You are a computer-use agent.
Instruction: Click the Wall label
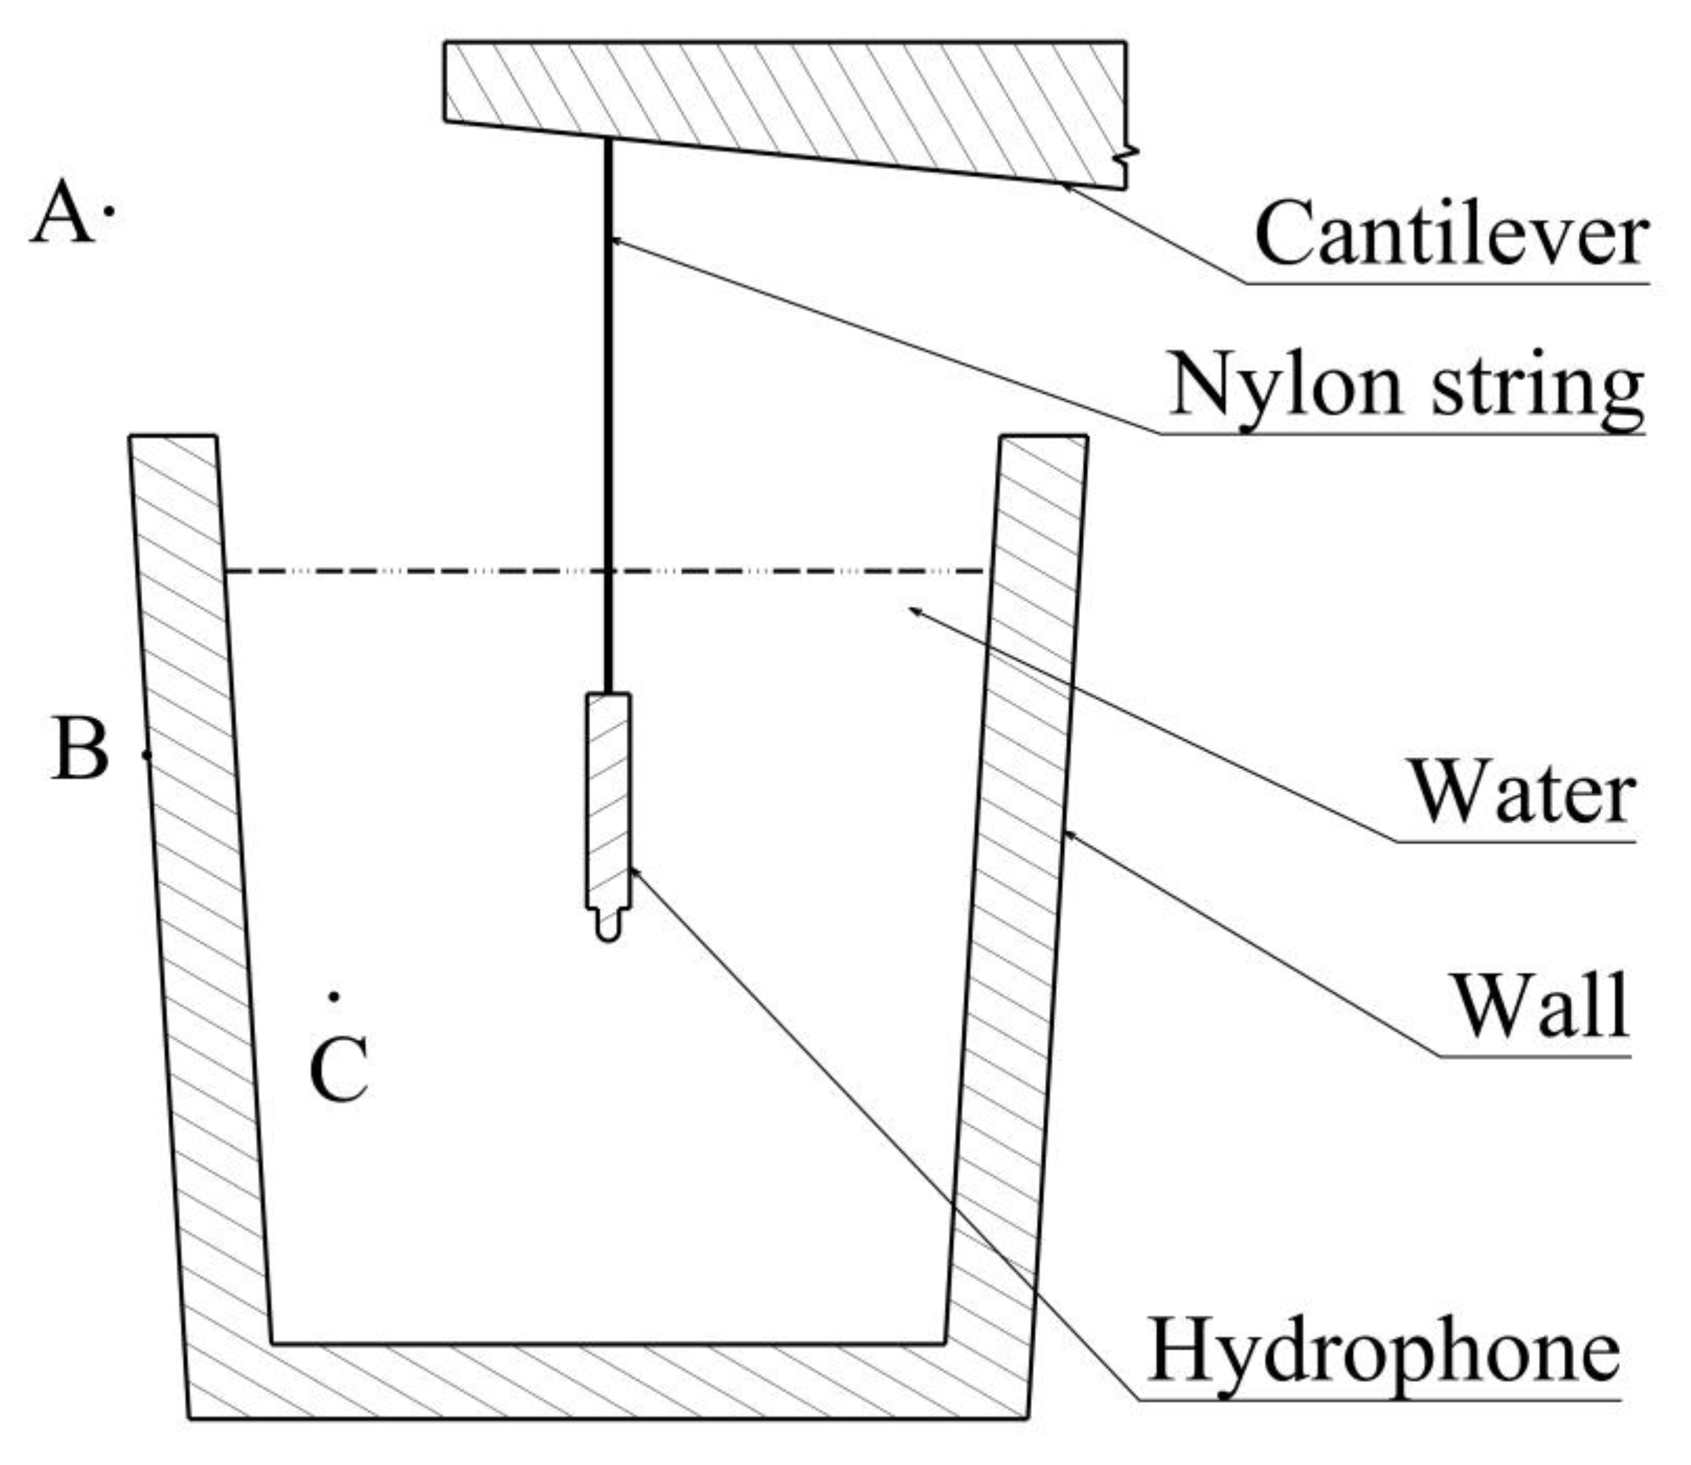pyautogui.click(x=1541, y=1007)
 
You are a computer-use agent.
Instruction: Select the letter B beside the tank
pyautogui.click(x=80, y=750)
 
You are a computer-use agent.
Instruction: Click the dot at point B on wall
pyautogui.click(x=147, y=754)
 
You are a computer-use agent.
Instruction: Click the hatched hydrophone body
pyautogui.click(x=608, y=800)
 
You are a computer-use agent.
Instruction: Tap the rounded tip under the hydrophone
pyautogui.click(x=608, y=929)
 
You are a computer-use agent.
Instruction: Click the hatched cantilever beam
pyautogui.click(x=785, y=98)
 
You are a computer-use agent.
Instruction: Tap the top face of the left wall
pyautogui.click(x=173, y=437)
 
